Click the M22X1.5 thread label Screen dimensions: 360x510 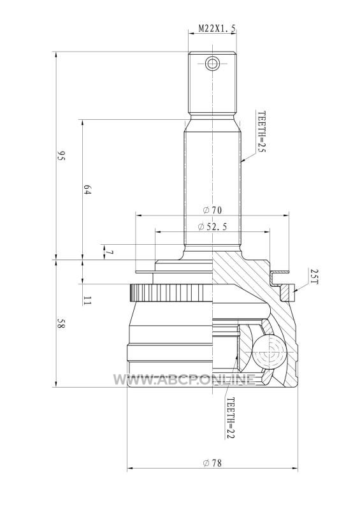click(217, 29)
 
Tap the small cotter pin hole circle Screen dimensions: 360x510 click(212, 62)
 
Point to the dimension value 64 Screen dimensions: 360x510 click(87, 189)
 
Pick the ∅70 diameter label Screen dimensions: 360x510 click(212, 210)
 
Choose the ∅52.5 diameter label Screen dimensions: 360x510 click(212, 227)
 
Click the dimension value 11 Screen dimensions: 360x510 click(87, 300)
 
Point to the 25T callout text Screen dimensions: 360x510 click(314, 276)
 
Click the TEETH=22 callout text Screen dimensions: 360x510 click(230, 418)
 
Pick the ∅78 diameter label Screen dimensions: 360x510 click(212, 463)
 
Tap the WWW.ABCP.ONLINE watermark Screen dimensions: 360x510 click(184, 379)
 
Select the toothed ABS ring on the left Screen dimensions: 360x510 click(171, 293)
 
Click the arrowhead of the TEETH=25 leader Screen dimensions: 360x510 click(243, 161)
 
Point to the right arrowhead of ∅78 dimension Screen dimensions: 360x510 click(294, 469)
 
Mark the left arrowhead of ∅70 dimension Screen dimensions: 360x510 click(138, 215)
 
